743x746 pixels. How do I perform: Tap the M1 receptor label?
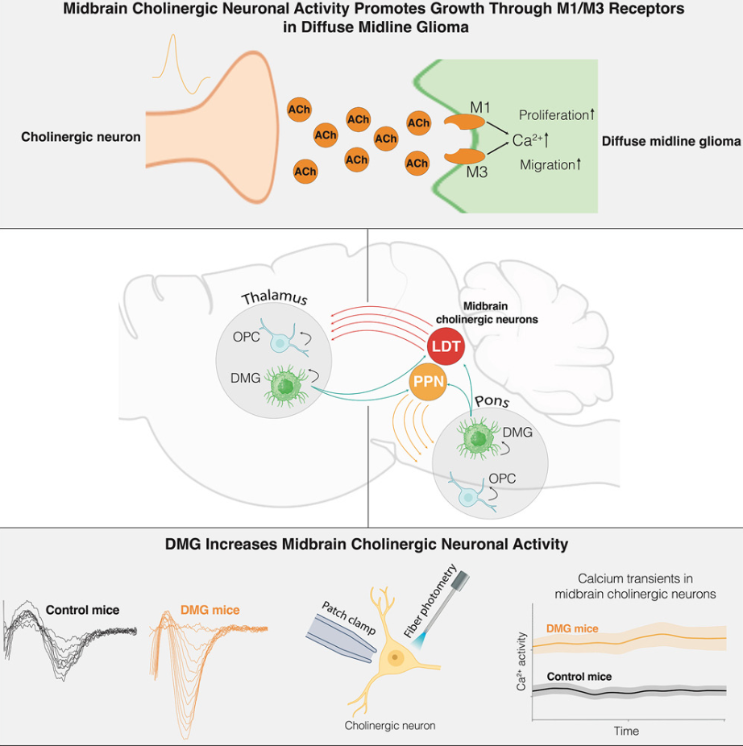coord(480,107)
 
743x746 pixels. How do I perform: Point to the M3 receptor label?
coord(477,171)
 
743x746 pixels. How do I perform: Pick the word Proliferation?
coord(556,115)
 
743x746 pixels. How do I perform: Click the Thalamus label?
coord(275,298)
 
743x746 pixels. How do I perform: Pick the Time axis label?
coord(626,731)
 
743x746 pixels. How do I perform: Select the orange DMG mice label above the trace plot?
coord(210,610)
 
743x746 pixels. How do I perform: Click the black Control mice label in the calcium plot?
coord(579,676)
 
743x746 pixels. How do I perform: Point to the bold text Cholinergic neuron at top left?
coord(81,137)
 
